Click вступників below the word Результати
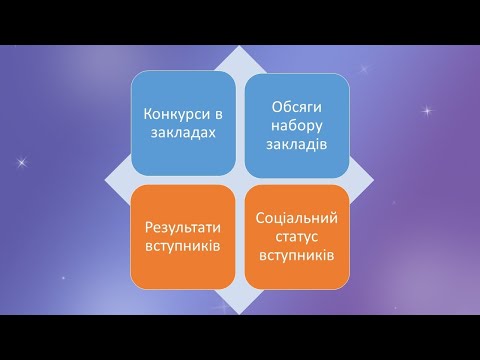pos(184,246)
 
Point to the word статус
pos(296,236)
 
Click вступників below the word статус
pos(296,254)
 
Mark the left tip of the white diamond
pos(107,179)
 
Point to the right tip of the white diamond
pos(373,179)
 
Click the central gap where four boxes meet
pos(240,179)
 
